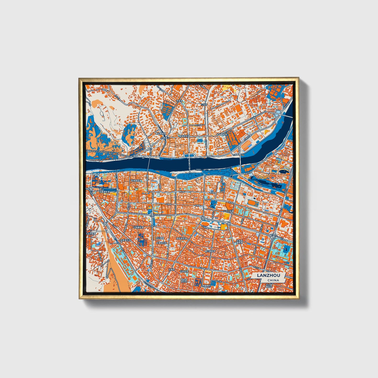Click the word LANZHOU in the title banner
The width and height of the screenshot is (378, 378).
pos(268,275)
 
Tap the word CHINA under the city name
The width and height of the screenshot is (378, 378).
pos(273,280)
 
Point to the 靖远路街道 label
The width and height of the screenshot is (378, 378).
pos(161,133)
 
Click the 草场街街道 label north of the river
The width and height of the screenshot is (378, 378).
pos(184,136)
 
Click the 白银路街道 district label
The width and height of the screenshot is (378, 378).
pos(139,228)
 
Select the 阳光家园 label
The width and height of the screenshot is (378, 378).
pos(160,238)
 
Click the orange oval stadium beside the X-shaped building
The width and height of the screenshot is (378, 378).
pos(252,202)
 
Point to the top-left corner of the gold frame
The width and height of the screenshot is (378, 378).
pos(79,78)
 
